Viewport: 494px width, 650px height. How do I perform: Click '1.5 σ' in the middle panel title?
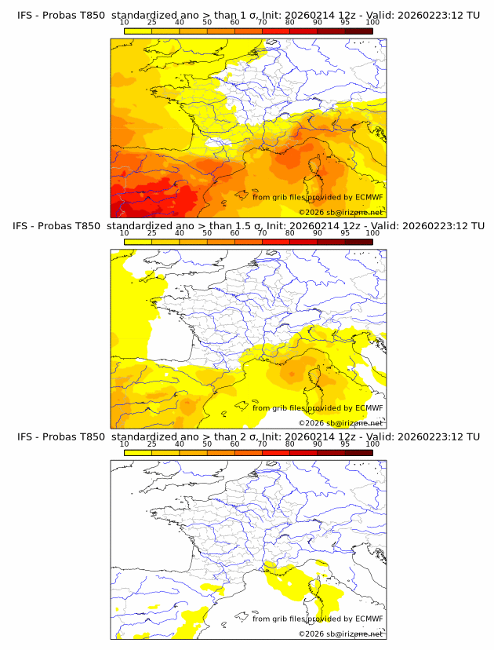(247, 226)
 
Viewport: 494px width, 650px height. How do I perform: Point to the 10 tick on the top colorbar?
(125, 22)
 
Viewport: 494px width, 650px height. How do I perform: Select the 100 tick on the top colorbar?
(372, 22)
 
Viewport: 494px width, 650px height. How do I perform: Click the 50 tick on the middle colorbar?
(207, 233)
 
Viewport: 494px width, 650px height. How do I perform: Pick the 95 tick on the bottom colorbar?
(345, 444)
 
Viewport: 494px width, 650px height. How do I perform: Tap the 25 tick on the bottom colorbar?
(152, 444)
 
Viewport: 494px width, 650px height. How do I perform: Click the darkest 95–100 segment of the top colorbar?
(358, 31)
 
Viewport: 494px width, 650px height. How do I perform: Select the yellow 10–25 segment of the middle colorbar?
(138, 242)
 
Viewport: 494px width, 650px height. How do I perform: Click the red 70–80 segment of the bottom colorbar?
(276, 452)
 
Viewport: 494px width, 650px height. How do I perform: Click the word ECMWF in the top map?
(369, 197)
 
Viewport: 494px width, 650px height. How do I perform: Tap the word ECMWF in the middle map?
(369, 408)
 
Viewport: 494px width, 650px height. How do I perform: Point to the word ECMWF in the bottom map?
(369, 619)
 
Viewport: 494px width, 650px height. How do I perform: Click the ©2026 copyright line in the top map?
(341, 212)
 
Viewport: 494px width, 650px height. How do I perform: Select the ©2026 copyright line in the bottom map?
(341, 634)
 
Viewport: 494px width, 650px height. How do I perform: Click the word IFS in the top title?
(26, 15)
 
